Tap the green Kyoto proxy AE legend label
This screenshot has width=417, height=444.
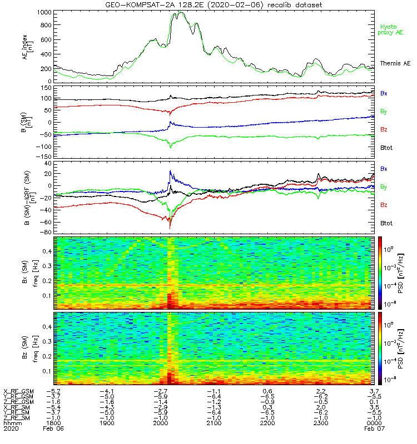click(391, 29)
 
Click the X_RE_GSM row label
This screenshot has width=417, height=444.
click(18, 391)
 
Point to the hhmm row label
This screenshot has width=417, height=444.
click(11, 423)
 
